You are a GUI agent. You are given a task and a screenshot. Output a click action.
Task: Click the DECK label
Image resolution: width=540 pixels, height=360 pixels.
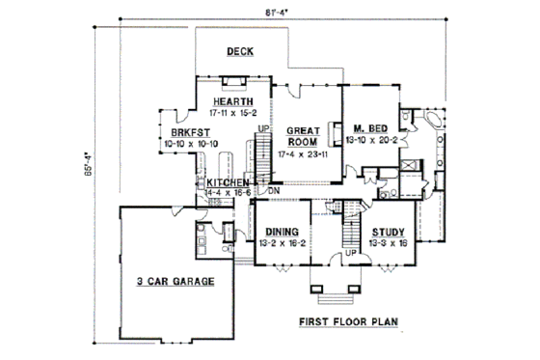(239, 52)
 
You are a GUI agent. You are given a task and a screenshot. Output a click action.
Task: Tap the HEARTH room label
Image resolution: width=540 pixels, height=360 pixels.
(234, 102)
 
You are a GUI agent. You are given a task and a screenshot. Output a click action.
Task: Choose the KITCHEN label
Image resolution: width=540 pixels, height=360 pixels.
(229, 182)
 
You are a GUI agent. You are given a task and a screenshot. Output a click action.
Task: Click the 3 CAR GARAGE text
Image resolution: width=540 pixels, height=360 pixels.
(175, 281)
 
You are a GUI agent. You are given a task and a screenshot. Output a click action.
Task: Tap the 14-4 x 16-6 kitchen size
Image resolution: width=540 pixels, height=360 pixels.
(230, 193)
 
